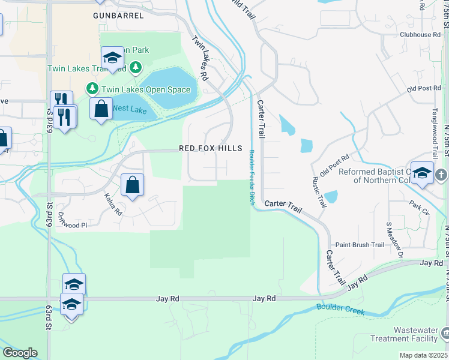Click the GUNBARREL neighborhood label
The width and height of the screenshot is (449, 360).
[x=116, y=14]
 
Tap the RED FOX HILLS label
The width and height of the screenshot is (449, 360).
[x=211, y=148]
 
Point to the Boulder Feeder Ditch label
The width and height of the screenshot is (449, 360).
[x=252, y=178]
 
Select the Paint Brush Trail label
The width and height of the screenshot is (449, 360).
[x=360, y=245]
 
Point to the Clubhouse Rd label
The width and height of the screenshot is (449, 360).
[x=420, y=35]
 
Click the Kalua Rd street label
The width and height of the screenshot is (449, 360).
[x=113, y=205]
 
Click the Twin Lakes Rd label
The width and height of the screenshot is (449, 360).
[x=200, y=58]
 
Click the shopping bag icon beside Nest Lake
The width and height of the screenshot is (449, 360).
[x=101, y=109]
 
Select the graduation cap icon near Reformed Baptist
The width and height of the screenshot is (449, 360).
[x=422, y=172]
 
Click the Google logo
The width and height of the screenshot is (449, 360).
[x=20, y=353]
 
